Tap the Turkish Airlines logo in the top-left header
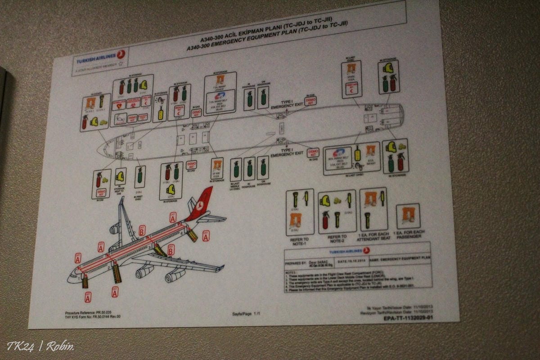[x=100, y=58]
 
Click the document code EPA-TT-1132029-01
[x=409, y=318]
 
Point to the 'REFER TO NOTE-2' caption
[x=337, y=239]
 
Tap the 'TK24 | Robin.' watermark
[x=40, y=346]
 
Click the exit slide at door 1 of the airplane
[x=85, y=282]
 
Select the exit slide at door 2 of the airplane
[x=117, y=273]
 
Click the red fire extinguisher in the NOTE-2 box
[x=326, y=220]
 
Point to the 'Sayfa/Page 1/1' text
[x=247, y=314]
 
